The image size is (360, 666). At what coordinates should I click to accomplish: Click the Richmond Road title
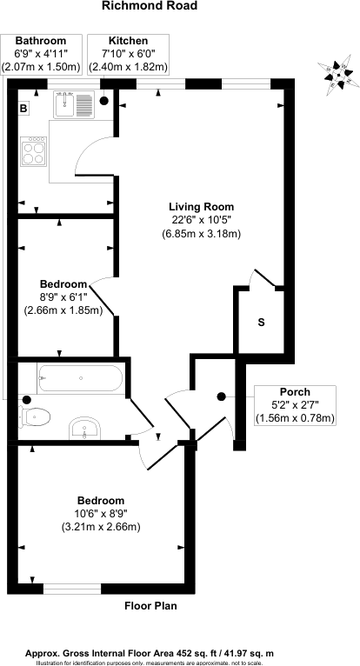pos(150,6)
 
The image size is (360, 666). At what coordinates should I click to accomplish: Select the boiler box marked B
pos(23,109)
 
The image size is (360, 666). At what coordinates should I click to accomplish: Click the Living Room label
pos(200,207)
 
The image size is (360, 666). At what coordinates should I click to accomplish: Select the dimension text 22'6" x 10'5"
pos(200,220)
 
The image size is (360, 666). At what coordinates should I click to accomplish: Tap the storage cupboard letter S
pos(261,323)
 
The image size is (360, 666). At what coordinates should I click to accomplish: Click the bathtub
pos(80,379)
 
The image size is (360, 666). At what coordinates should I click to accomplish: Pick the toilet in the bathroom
pos(33,416)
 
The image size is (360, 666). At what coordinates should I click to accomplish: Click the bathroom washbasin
pos(85,427)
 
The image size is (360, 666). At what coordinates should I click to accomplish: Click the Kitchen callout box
pos(128,54)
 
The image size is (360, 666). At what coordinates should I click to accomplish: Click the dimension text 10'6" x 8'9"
pos(100,514)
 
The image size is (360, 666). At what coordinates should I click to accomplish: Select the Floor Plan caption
pos(150,606)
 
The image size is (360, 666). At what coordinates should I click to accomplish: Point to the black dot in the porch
pos(221,396)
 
